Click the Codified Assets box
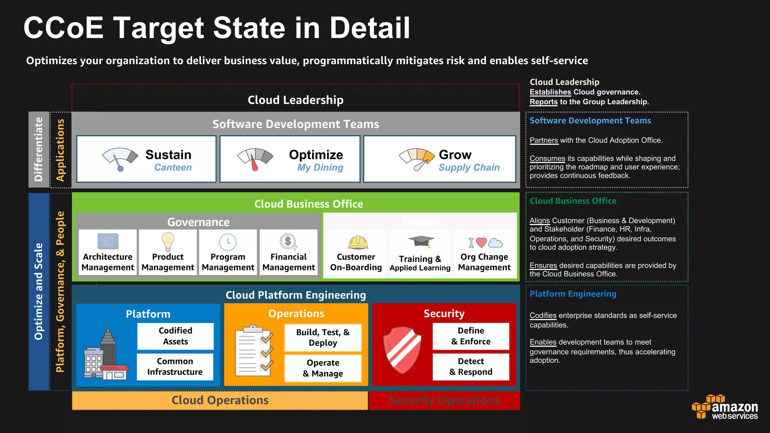point(175,336)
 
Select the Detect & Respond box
point(471,366)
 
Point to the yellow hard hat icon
point(358,242)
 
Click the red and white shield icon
point(402,350)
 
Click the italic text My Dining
point(320,168)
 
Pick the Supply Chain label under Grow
point(469,168)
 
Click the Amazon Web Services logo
point(725,407)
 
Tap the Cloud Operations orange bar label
point(220,400)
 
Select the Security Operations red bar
point(444,400)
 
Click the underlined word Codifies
point(543,316)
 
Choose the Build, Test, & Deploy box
point(323,338)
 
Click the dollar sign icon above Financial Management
point(288,242)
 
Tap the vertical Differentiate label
point(39,149)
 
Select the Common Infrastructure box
point(175,366)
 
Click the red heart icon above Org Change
point(481,242)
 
